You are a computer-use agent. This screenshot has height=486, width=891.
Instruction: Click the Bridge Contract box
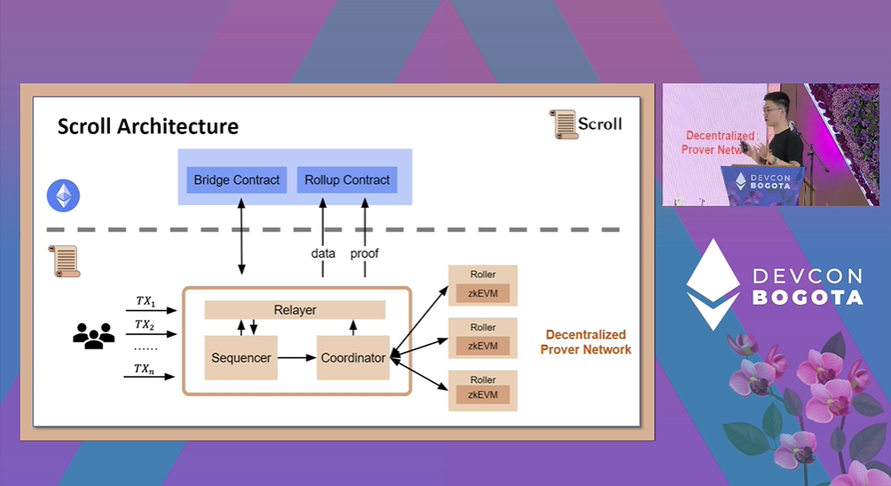tap(237, 180)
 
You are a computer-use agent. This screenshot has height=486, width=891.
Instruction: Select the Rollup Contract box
tap(347, 180)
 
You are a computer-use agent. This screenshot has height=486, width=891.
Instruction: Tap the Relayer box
tap(295, 310)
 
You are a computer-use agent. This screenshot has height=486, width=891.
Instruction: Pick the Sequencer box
tap(240, 358)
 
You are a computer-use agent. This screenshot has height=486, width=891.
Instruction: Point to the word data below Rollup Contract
tap(323, 253)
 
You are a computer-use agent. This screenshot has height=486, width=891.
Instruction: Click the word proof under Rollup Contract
tap(365, 253)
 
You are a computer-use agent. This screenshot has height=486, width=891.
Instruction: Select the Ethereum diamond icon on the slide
tap(63, 195)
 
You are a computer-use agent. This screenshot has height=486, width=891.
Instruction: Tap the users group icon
tap(93, 335)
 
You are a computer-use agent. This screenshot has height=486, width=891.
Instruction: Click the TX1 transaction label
tap(144, 302)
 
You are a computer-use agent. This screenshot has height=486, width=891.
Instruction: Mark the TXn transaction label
tap(144, 369)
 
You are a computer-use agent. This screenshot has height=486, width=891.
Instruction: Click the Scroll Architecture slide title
tap(147, 126)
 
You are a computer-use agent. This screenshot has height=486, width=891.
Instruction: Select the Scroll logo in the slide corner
tap(586, 123)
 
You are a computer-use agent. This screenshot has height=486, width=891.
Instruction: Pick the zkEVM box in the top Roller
tap(483, 293)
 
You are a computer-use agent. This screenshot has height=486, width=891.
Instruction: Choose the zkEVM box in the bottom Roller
tap(483, 396)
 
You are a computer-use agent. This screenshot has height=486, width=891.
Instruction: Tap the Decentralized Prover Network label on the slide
tap(586, 342)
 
